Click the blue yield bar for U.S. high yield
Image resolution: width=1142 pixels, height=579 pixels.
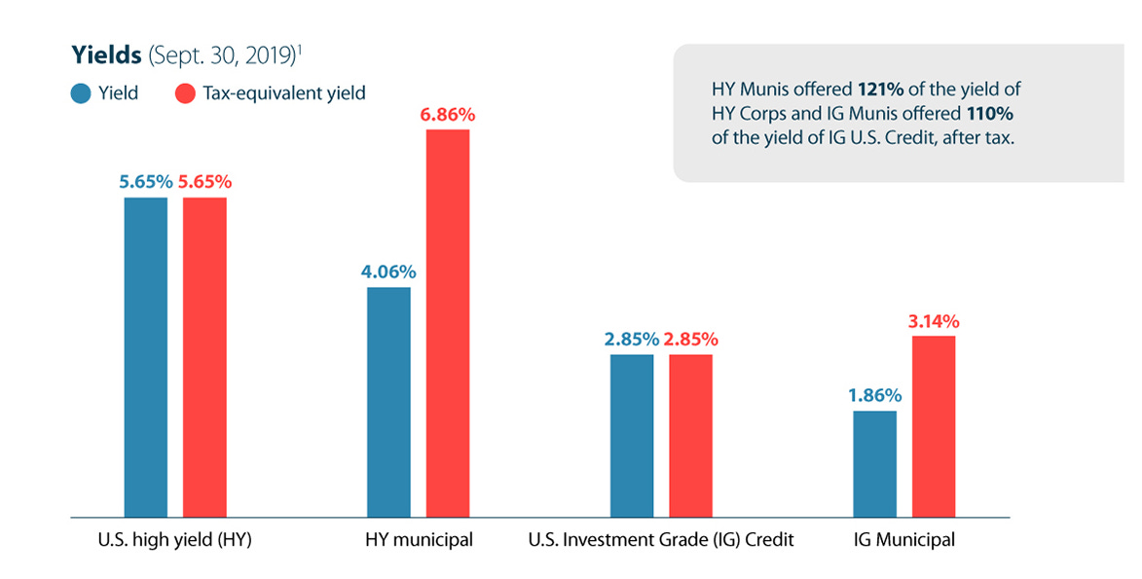tap(146, 356)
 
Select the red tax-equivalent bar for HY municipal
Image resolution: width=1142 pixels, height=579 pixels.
tap(447, 322)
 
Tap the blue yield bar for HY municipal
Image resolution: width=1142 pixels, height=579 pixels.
tap(388, 401)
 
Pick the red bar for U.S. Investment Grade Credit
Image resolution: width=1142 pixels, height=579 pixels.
tap(690, 435)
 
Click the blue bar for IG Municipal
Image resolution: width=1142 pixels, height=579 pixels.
tap(874, 463)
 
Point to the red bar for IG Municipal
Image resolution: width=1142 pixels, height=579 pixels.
tap(933, 425)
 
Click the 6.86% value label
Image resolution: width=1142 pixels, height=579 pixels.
tap(448, 115)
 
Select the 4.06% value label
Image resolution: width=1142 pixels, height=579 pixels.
tap(388, 271)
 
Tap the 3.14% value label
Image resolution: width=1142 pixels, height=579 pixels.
tap(933, 321)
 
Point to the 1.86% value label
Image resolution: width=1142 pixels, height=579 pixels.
tap(874, 396)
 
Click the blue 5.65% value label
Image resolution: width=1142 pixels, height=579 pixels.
tap(146, 182)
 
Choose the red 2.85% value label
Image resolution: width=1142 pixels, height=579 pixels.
tap(690, 340)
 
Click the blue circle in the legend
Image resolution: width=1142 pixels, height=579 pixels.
tap(81, 94)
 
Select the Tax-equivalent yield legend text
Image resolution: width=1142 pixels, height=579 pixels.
tap(283, 94)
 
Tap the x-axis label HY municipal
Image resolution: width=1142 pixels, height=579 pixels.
tap(419, 540)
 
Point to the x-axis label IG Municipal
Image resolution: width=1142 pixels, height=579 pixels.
tap(903, 540)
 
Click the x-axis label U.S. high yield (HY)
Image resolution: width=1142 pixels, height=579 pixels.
tap(176, 540)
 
